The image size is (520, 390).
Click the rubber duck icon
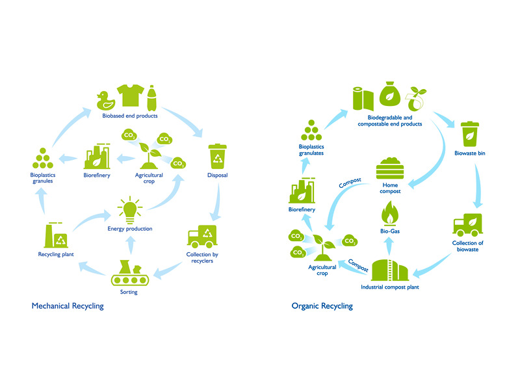[105, 99]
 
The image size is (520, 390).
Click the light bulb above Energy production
[129, 209]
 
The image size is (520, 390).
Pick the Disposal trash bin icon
[218, 156]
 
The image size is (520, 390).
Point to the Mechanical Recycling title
[68, 305]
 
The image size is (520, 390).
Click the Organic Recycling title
[322, 305]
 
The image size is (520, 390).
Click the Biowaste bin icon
[469, 134]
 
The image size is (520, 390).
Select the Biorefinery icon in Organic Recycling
[301, 192]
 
